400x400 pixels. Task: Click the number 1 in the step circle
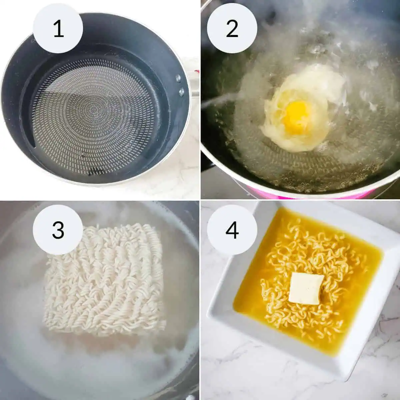point(58,29)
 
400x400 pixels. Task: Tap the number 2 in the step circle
point(232,29)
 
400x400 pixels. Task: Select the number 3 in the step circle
point(58,230)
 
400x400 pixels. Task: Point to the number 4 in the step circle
point(232,230)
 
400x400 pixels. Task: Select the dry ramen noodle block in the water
point(105,280)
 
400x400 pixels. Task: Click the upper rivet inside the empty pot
point(178,78)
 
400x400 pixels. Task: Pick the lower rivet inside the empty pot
point(181,91)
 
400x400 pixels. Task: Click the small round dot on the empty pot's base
point(83,154)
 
